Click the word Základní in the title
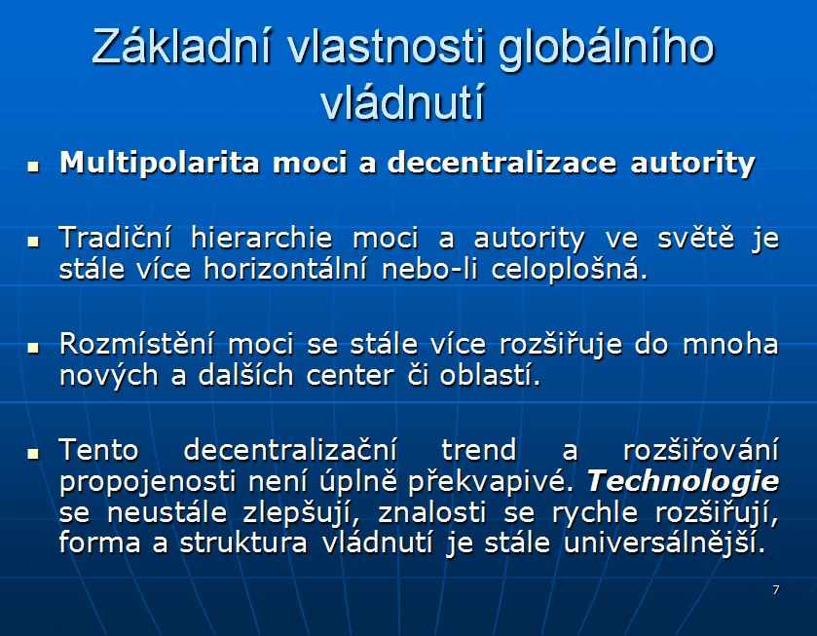[182, 46]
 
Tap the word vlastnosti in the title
[386, 46]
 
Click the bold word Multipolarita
[159, 163]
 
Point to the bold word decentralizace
[501, 162]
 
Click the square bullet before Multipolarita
[33, 167]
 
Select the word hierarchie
[262, 238]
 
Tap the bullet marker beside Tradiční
[33, 242]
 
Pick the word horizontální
[285, 269]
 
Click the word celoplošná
[569, 270]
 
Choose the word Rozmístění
[136, 344]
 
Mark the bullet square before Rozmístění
[33, 347]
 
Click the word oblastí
[490, 375]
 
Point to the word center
[350, 376]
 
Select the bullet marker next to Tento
[33, 453]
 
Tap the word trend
[478, 450]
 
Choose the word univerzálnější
[665, 542]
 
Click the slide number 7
[776, 589]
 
